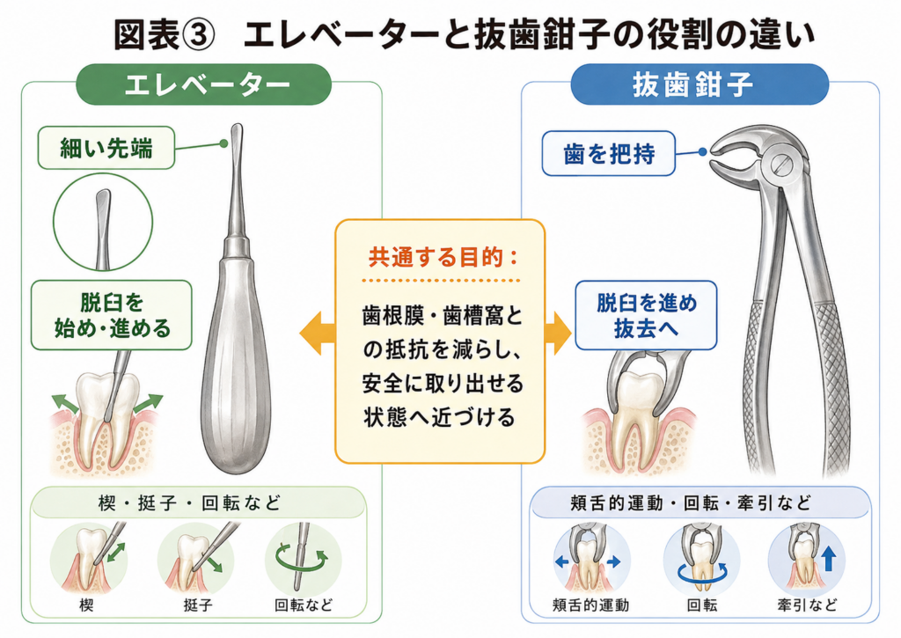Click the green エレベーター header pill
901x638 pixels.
pos(204,84)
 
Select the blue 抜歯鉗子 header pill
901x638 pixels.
pos(700,84)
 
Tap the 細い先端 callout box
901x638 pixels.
pos(106,149)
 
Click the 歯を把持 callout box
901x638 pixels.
pos(609,153)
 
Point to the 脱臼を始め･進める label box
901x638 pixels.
pos(112,315)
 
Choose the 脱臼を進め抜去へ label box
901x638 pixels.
pos(646,315)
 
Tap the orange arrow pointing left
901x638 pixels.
pos(317,333)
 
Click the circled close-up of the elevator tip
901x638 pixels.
pos(103,223)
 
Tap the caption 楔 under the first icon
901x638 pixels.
pos(86,605)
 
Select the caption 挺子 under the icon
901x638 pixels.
pos(197,605)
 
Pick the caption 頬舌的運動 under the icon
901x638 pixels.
pos(590,605)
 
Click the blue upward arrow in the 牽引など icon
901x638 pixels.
pos(828,558)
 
